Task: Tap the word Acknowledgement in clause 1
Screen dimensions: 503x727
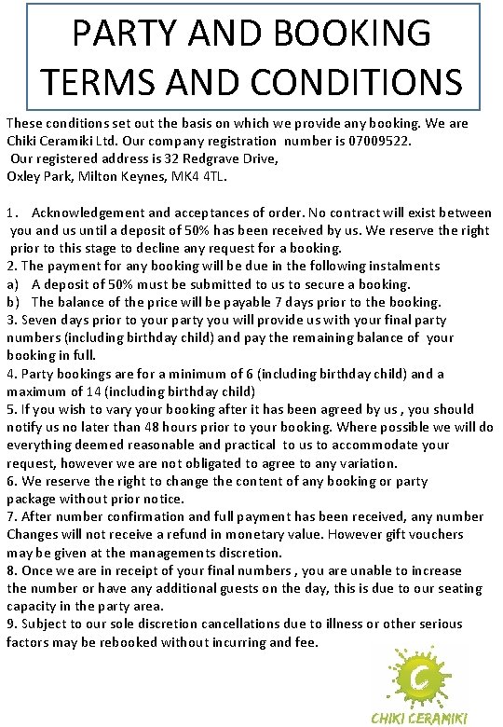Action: click(93, 213)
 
